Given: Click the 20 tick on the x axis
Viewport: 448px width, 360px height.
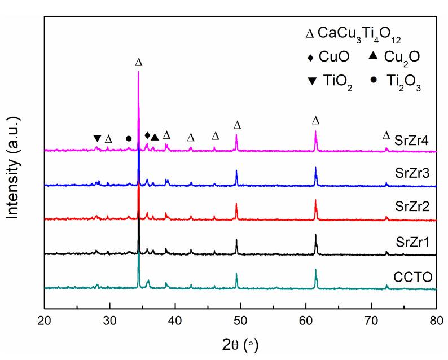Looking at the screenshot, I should (45, 321).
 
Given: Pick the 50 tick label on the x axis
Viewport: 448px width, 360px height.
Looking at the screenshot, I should (240, 321).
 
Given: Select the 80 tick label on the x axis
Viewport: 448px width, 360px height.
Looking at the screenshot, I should (436, 321).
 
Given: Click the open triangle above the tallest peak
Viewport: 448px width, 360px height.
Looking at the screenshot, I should (139, 62).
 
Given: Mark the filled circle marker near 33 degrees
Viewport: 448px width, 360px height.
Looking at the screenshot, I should (129, 138).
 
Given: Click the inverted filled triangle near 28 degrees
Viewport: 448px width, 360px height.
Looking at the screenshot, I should (97, 138).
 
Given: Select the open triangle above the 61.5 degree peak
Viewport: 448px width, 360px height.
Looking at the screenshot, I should (315, 121).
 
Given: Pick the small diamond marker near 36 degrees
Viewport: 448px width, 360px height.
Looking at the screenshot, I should (147, 135).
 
